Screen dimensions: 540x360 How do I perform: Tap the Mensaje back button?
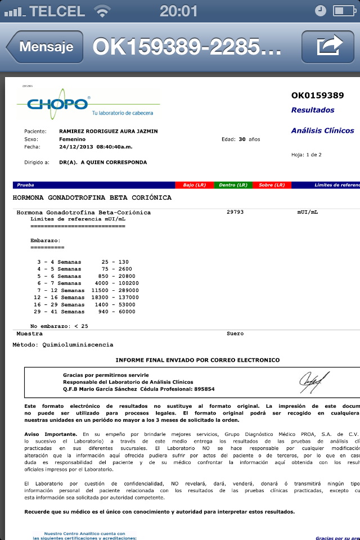(x=45, y=47)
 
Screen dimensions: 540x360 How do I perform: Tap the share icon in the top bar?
(x=330, y=46)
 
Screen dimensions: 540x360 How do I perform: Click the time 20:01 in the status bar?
(x=179, y=11)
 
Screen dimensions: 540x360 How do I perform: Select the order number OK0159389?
(x=317, y=95)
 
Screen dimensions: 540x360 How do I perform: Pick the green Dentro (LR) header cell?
(x=233, y=184)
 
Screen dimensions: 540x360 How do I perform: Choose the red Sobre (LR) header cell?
(x=272, y=184)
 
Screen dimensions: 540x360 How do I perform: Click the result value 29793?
(x=235, y=212)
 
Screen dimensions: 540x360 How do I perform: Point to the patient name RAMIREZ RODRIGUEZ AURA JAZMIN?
(x=108, y=131)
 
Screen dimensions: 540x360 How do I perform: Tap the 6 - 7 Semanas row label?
(x=59, y=283)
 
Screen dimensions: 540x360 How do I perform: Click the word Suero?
(x=235, y=334)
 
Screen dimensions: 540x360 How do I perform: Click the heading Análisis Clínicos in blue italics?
(x=322, y=130)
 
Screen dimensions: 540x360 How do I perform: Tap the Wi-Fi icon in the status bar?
(x=102, y=11)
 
